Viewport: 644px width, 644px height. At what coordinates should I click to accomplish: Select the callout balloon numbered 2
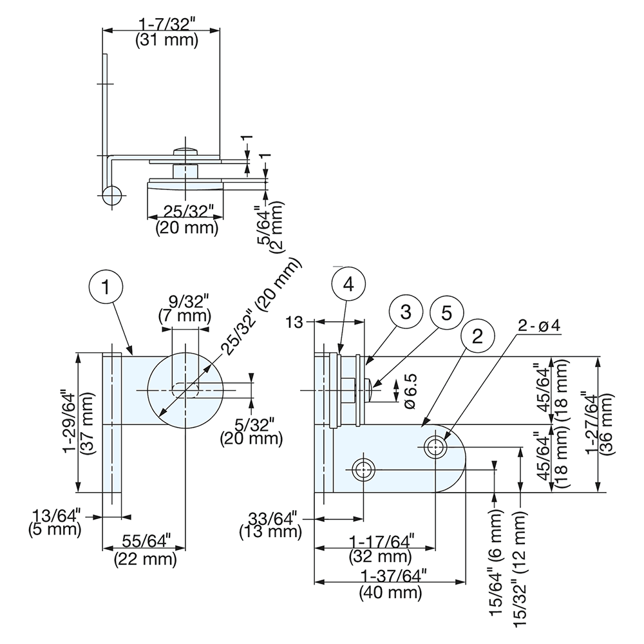(477, 336)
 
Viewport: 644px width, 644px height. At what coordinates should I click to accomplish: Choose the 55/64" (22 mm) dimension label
(145, 549)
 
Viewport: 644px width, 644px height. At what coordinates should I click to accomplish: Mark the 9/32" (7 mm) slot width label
(184, 308)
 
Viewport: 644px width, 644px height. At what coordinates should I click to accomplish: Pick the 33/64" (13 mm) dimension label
(270, 524)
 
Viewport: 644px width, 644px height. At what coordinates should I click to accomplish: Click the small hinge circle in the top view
(111, 195)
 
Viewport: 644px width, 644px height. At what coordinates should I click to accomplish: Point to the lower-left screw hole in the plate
(364, 469)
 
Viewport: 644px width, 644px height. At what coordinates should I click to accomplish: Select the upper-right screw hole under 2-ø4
(435, 446)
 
